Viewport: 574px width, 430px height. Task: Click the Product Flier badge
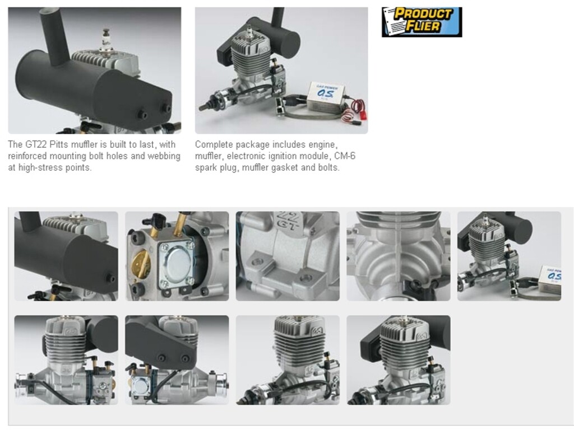[x=422, y=22]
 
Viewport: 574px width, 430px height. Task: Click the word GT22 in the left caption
[x=35, y=144]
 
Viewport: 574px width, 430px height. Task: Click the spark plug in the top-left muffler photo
[x=107, y=40]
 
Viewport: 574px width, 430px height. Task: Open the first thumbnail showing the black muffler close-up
[x=66, y=256]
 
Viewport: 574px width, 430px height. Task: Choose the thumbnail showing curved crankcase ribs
[x=399, y=256]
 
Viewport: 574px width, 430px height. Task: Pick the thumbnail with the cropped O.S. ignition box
[x=509, y=256]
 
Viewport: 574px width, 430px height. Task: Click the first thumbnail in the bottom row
[x=66, y=360]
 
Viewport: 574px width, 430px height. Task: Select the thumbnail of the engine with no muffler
[x=288, y=360]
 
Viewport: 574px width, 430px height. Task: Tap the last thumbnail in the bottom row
[x=399, y=360]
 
